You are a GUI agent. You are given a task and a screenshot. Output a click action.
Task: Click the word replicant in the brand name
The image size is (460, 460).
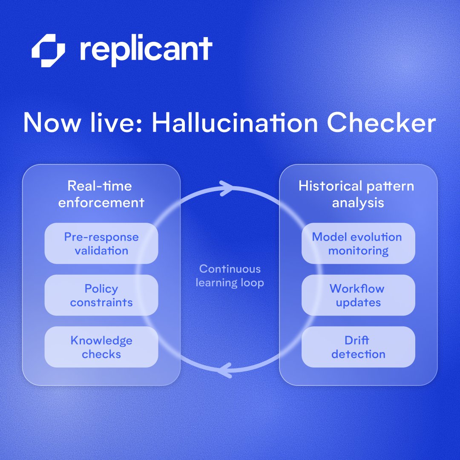[146, 50]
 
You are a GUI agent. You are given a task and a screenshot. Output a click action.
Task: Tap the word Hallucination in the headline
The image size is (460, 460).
[235, 123]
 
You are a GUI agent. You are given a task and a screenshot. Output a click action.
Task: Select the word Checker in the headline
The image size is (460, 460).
[382, 123]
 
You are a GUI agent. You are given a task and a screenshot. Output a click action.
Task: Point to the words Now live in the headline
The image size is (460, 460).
[81, 123]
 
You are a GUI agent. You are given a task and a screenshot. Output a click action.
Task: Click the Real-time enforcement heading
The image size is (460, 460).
[101, 194]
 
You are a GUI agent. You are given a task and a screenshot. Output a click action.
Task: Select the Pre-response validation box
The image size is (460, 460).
[101, 243]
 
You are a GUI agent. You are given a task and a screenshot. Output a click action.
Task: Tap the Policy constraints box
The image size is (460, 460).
[101, 295]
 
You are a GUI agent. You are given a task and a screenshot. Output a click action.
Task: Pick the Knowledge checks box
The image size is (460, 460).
[101, 347]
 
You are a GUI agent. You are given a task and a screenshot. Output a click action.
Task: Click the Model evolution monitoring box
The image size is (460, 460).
[358, 243]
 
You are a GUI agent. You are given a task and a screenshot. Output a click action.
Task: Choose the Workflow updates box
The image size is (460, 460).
[358, 295]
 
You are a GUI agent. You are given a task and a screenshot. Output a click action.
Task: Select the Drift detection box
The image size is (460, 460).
[358, 347]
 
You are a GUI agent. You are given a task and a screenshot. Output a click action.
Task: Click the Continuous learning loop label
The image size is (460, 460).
[230, 276]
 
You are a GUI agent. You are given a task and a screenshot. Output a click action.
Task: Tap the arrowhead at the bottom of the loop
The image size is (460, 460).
[225, 369]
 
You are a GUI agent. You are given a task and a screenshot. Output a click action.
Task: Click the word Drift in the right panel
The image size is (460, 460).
[357, 340]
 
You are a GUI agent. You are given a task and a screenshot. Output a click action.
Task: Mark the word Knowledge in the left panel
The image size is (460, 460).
[101, 341]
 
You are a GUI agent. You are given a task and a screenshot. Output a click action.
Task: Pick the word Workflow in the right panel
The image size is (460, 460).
[357, 288]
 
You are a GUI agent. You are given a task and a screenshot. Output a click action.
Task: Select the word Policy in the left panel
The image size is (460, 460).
[101, 289]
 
